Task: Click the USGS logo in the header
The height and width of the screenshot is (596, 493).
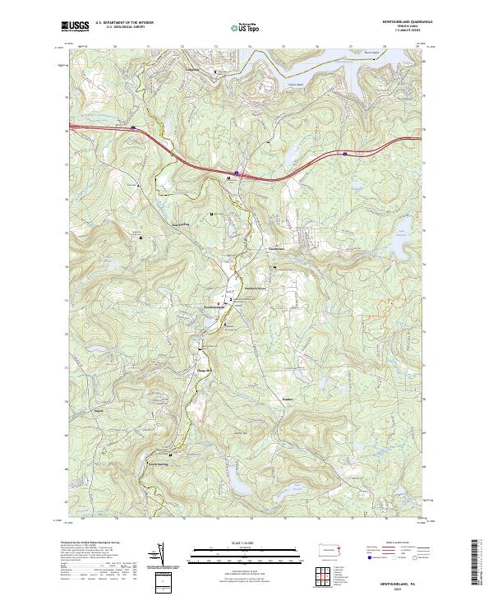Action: [x=75, y=26]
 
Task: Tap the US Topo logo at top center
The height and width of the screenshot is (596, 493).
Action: [x=239, y=27]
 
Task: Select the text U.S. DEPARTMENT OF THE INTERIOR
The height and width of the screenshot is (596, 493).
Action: [x=124, y=23]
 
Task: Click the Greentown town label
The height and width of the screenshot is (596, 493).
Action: [x=276, y=249]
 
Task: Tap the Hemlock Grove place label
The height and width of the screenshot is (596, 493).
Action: [x=256, y=289]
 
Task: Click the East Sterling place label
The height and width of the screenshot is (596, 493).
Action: [x=181, y=224]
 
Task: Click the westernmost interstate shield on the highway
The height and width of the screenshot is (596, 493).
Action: [x=133, y=127]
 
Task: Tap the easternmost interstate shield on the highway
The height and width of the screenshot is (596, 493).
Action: [x=345, y=153]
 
